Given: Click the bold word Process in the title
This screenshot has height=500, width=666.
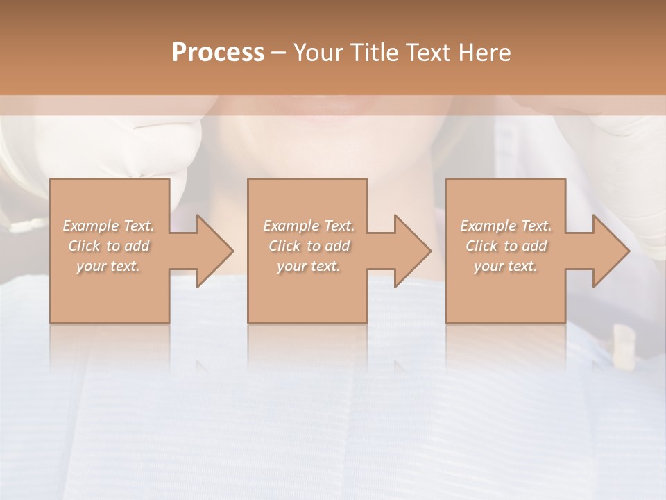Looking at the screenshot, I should point(218,52).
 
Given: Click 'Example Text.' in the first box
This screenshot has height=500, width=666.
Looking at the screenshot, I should point(109,226).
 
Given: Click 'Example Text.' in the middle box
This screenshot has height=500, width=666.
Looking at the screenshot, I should point(309,226).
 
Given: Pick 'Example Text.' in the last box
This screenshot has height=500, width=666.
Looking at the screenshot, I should point(506,226).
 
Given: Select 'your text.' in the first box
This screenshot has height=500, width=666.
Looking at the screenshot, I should point(109,266).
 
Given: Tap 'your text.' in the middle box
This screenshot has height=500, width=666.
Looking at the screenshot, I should point(309,266).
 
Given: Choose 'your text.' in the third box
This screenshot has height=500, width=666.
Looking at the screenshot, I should point(506,266).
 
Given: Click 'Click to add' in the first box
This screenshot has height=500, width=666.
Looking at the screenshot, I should point(109,246).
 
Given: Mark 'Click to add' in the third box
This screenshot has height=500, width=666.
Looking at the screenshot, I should point(506,246).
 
